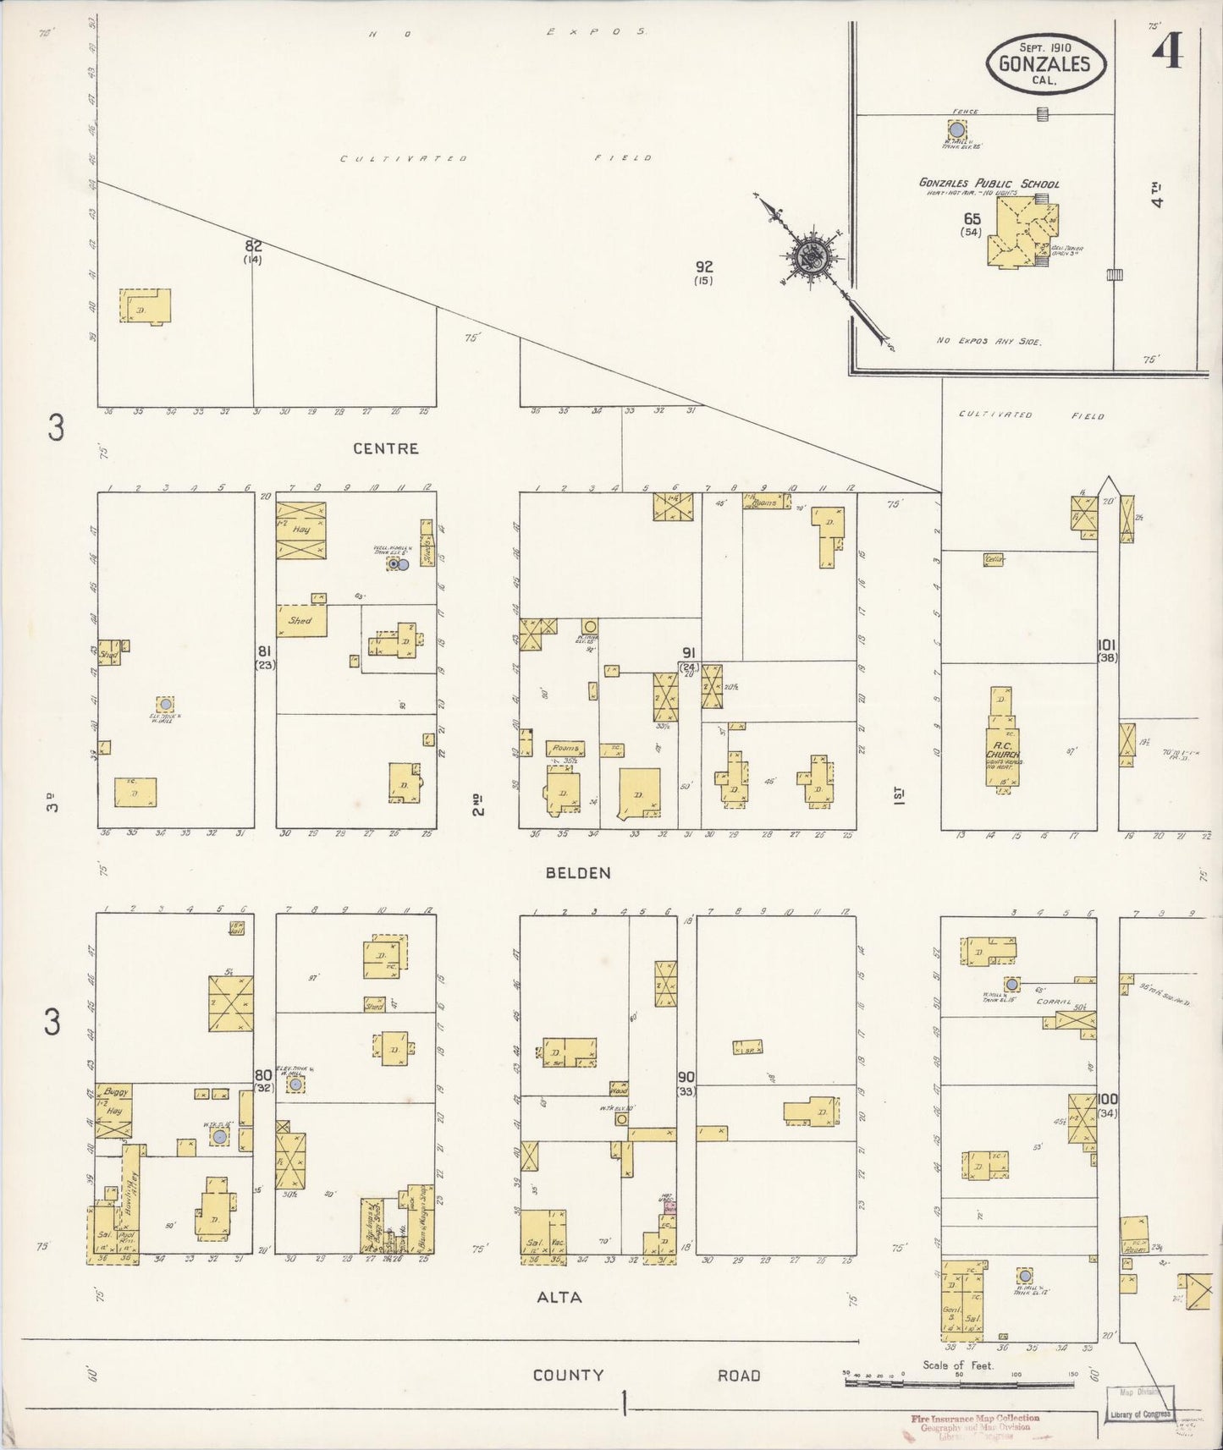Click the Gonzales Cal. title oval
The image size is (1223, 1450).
point(1046,63)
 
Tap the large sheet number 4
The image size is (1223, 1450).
point(1167,52)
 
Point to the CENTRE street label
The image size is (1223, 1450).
point(385,448)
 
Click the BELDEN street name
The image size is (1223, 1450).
point(578,873)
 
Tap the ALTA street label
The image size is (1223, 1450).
point(559,1297)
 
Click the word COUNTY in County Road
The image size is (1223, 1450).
point(568,1375)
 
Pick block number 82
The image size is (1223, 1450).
point(253,246)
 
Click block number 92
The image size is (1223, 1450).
point(703,267)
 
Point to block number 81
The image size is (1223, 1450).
point(264,651)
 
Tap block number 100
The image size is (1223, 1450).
point(1107,1099)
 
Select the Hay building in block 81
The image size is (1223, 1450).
point(300,530)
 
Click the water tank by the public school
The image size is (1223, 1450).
point(956,129)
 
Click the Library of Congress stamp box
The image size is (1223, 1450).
point(1140,1405)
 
